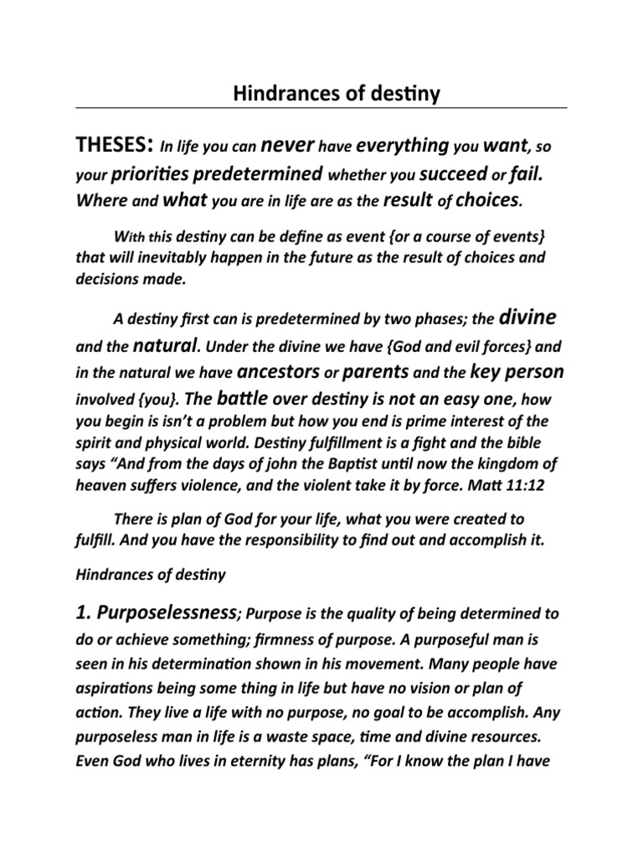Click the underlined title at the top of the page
point(321,96)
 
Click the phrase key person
point(517,370)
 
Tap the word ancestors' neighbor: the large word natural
point(166,344)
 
